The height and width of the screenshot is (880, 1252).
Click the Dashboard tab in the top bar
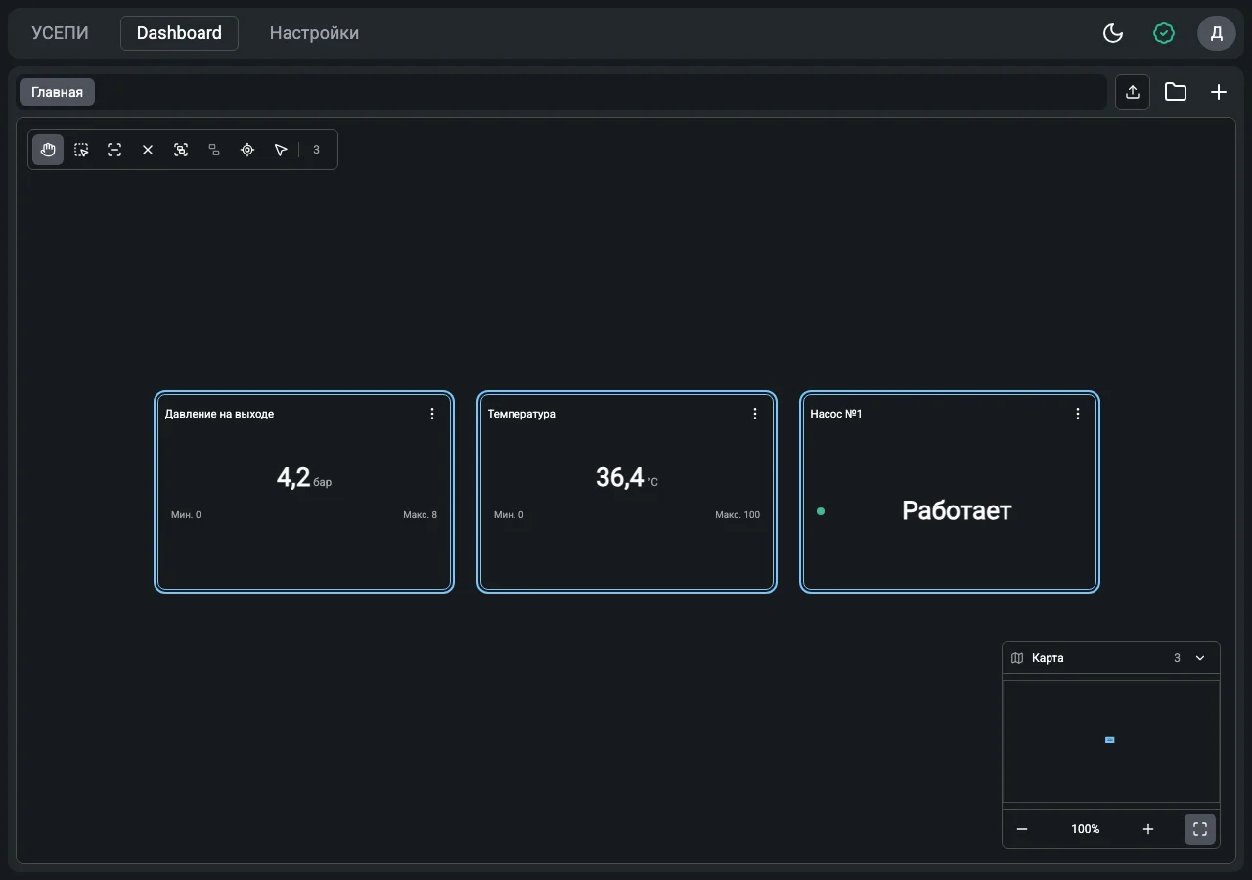179,33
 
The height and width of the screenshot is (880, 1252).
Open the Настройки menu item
314,33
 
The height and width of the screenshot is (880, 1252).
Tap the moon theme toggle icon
1113,33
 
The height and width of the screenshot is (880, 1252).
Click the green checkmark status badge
1164,33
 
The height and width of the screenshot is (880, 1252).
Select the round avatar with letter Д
1216,33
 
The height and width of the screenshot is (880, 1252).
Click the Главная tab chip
57,92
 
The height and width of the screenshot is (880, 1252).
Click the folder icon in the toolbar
1176,92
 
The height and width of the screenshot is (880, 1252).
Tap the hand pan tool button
48,150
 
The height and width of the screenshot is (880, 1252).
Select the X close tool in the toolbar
148,150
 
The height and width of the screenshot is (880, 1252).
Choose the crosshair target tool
247,150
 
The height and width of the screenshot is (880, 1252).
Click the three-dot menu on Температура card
754,414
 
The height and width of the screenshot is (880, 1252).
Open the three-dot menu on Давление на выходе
432,414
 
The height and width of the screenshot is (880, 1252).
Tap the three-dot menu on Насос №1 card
1078,414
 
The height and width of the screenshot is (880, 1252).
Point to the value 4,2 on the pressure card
292,477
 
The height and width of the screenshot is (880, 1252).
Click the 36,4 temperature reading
620,477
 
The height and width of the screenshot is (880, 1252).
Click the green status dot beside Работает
821,511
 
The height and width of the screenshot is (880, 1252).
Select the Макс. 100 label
738,514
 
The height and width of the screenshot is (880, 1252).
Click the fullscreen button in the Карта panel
1199,828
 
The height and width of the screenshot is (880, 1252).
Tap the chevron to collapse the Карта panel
1199,658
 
